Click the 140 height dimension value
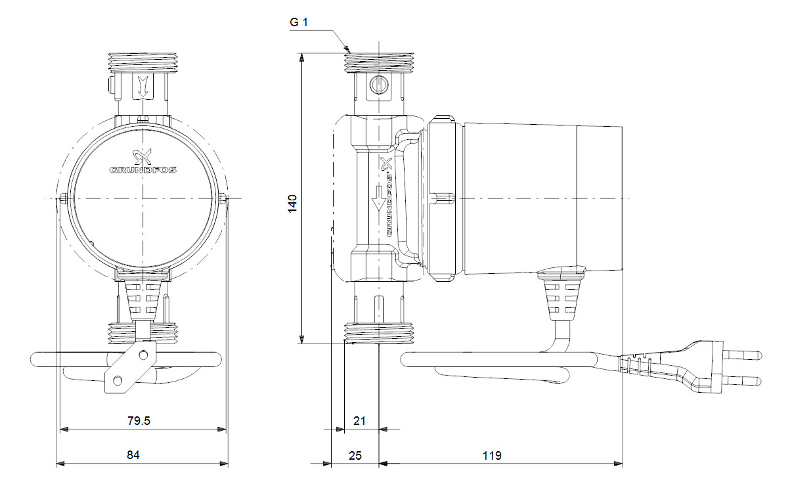point(293,203)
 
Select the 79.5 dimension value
point(139,420)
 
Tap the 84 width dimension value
point(133,454)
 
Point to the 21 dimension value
point(359,420)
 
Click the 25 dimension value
point(355,454)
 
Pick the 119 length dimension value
point(492,454)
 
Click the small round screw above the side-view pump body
point(378,84)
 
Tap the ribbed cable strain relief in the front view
point(143,299)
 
